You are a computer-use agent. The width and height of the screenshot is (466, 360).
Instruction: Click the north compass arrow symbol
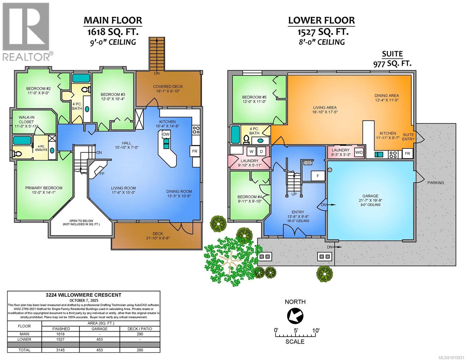[x=295, y=316]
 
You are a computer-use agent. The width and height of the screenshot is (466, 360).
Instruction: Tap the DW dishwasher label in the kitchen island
[x=166, y=134]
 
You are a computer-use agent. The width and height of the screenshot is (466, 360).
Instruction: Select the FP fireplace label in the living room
[x=102, y=174]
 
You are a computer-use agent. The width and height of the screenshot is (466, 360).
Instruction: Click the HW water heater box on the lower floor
[x=308, y=163]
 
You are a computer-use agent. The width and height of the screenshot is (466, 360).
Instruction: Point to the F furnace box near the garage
[x=318, y=176]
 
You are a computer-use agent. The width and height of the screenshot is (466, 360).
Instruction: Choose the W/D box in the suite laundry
[x=359, y=152]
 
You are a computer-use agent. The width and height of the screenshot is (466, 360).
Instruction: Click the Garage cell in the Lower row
[x=100, y=339]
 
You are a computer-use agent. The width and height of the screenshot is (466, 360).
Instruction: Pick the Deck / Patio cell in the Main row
[x=140, y=334]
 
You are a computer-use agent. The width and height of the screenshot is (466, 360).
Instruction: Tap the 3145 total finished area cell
[x=61, y=350]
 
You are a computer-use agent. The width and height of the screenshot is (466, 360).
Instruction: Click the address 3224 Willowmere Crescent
[x=84, y=295]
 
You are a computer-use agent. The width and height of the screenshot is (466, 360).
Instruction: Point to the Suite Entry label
[x=408, y=137]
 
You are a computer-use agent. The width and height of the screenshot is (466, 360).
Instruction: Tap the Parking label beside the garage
[x=436, y=183]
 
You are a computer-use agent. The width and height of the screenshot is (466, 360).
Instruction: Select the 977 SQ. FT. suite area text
[x=392, y=64]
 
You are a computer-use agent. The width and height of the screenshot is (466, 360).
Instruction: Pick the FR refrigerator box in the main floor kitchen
[x=194, y=151]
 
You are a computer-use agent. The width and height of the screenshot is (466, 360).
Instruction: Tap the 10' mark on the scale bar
[x=316, y=330]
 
